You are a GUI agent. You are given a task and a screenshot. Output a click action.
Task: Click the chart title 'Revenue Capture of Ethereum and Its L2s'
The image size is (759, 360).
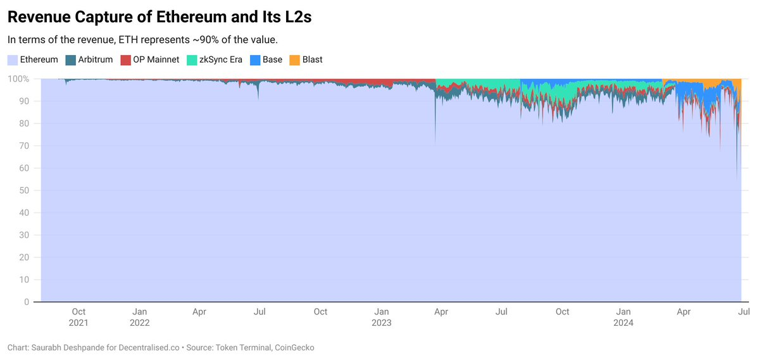(159, 17)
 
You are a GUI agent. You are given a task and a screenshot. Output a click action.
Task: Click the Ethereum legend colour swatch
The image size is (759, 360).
(13, 60)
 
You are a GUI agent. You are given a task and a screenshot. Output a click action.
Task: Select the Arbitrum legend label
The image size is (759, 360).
(95, 59)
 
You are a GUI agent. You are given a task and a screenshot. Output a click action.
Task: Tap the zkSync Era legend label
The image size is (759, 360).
(221, 59)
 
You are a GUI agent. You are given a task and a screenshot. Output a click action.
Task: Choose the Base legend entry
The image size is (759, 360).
(272, 59)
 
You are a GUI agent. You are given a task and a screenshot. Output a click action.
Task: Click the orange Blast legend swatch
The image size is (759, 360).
(294, 60)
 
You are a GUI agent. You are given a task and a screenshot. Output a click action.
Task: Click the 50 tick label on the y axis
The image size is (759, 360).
(25, 190)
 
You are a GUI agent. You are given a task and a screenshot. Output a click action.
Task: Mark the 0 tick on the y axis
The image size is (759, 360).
(27, 302)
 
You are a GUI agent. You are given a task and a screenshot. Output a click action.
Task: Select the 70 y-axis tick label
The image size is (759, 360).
(25, 146)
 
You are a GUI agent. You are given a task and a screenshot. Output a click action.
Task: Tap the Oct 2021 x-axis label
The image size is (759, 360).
(78, 316)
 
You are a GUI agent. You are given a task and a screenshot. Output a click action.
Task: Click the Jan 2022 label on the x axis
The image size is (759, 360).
(140, 316)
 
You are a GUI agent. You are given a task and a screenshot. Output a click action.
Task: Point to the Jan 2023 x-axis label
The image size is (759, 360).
(382, 316)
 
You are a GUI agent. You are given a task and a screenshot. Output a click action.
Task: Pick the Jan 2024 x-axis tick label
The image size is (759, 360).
(624, 316)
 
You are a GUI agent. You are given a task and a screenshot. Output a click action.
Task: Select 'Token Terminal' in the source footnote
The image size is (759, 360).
(244, 347)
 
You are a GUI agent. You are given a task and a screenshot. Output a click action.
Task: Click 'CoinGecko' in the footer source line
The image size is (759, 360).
(294, 347)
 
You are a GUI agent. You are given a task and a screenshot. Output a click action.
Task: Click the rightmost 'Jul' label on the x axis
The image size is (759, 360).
(744, 311)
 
